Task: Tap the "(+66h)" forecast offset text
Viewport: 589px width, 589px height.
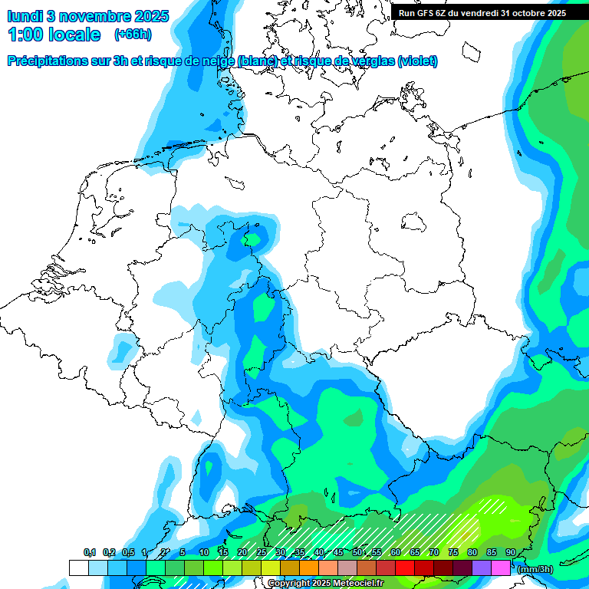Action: pos(132,35)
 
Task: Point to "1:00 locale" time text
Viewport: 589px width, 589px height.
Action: pos(54,35)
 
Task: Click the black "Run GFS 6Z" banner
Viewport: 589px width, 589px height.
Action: pos(482,12)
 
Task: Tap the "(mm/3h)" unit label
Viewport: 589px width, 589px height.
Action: pos(535,568)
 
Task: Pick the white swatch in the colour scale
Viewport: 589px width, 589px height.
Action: pos(78,568)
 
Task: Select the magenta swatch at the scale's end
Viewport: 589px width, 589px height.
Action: pos(500,568)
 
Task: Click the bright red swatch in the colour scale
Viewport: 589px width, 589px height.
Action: pos(404,568)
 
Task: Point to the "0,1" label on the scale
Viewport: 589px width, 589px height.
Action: pos(90,553)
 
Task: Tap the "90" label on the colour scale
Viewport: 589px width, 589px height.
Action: pos(511,553)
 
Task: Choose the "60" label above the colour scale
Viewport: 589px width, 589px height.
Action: pos(396,553)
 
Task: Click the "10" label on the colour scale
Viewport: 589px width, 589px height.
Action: pos(204,553)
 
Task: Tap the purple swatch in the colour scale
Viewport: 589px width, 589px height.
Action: pos(481,568)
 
